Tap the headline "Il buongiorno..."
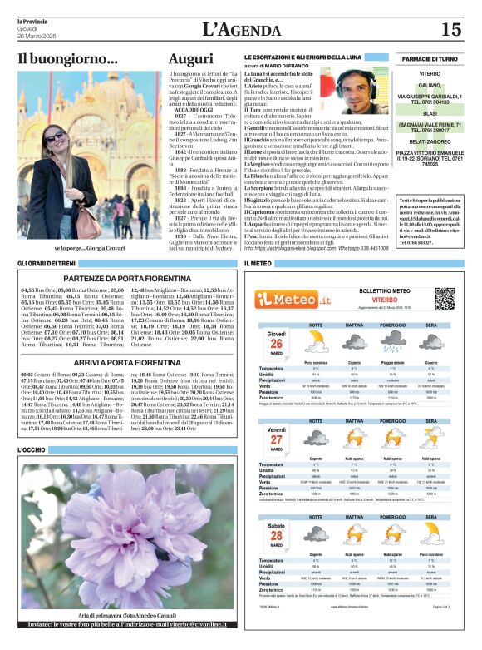(68, 59)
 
